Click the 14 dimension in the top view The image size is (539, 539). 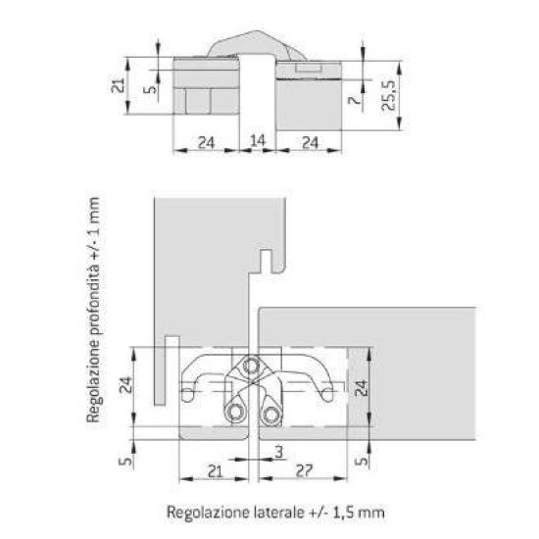[257, 141]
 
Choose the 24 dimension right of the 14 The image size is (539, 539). [307, 141]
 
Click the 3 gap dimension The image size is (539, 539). [278, 452]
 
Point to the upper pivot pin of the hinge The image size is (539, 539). [252, 364]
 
